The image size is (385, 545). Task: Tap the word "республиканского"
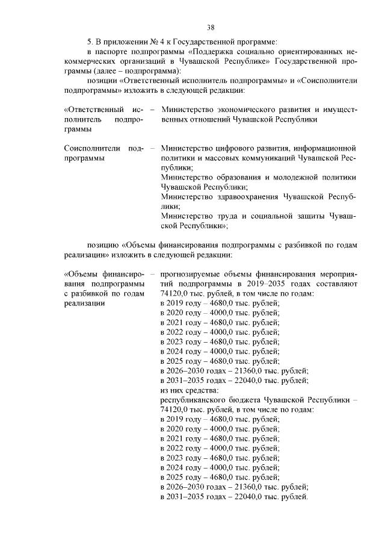click(x=196, y=399)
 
